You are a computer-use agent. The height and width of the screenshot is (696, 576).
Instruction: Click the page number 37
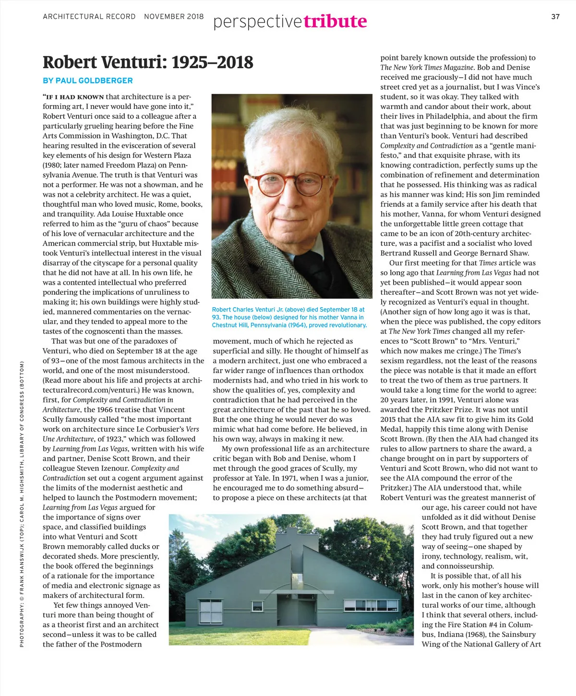point(555,17)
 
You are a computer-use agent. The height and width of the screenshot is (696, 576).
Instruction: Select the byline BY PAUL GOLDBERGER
point(87,81)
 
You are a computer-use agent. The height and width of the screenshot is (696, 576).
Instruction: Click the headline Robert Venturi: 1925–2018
point(148,62)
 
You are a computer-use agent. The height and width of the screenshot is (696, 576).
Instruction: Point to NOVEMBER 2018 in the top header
point(174,17)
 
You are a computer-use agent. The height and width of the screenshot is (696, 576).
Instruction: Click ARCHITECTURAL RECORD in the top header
point(89,17)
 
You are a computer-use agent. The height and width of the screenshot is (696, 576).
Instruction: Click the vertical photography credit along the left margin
point(22,504)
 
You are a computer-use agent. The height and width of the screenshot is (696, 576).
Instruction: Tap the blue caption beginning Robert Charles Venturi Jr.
point(289,317)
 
